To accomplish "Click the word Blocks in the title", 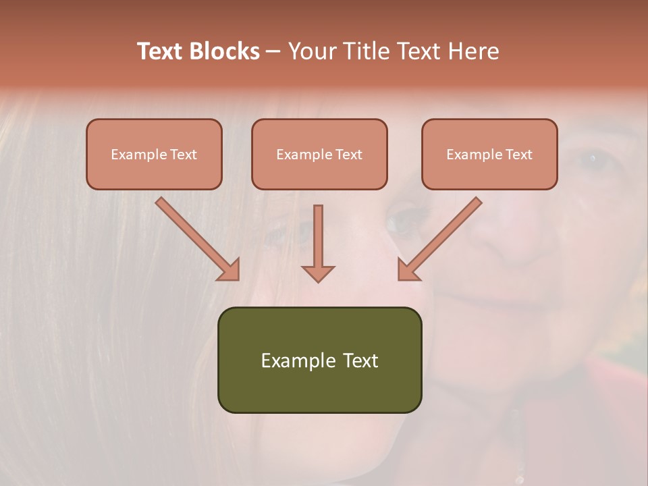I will point(224,51).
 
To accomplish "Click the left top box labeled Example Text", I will point(154,154).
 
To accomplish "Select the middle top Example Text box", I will point(319,154).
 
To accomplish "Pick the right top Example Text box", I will point(489,154).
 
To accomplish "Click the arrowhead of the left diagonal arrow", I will point(230,270).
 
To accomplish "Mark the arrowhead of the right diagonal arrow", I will point(408,270).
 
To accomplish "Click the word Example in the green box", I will point(289,360).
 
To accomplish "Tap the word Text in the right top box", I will point(518,154).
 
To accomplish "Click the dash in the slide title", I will point(273,51).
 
